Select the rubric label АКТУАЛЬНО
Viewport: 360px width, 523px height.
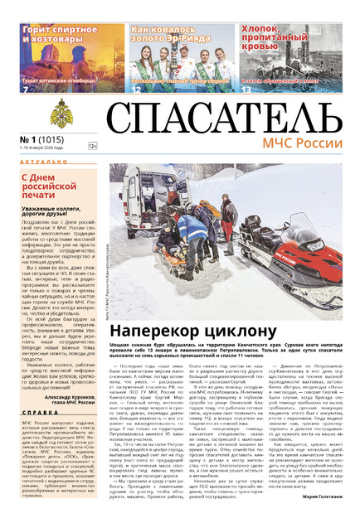(36, 163)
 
